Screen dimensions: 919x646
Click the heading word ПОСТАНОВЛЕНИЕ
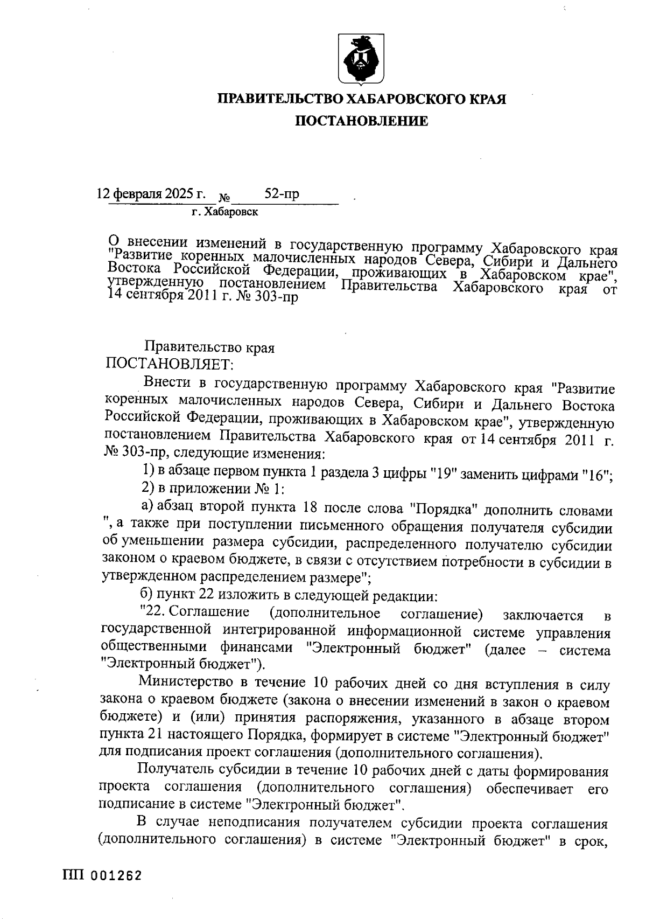coord(361,122)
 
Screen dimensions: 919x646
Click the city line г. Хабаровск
coord(224,212)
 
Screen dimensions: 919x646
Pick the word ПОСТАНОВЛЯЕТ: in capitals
coord(169,365)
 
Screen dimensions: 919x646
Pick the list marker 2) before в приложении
coord(148,490)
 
